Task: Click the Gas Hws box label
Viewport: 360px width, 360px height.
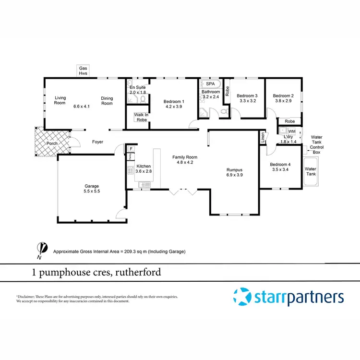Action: pos(84,71)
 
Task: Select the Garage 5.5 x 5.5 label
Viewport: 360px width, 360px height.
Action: pos(92,189)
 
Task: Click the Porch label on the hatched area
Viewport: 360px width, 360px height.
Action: pos(52,144)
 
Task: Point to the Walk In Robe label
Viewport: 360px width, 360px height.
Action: pos(141,118)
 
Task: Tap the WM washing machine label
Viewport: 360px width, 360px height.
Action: pos(291,131)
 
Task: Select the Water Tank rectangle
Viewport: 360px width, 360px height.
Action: pos(311,172)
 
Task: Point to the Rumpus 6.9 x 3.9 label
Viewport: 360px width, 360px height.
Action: pos(235,173)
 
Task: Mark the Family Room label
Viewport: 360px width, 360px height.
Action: pos(185,157)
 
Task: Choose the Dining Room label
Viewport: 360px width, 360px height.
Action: pos(107,101)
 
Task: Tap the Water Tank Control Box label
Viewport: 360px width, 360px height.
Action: pos(316,144)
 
